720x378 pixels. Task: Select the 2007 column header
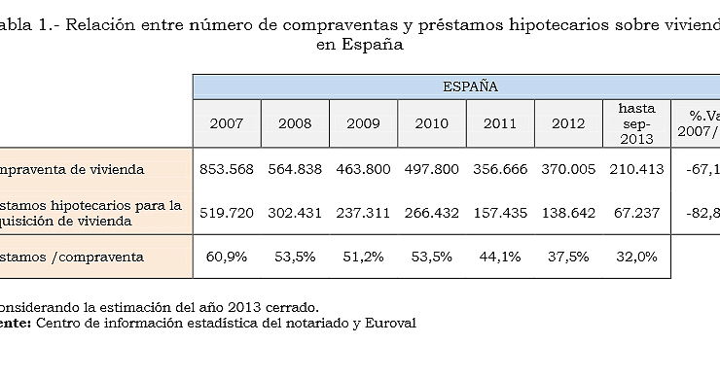tap(227, 123)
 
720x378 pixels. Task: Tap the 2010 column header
tap(431, 123)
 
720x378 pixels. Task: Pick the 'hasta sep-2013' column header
tap(637, 123)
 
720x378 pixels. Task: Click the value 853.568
tap(227, 169)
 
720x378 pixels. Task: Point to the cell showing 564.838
tap(295, 169)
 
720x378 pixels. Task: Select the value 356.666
tap(499, 169)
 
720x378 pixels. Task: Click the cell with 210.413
tap(636, 169)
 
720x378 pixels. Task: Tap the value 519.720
tap(227, 212)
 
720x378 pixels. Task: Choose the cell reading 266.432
tap(431, 212)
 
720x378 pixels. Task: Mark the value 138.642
tap(567, 212)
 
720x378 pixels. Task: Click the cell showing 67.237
tap(636, 212)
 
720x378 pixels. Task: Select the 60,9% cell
tap(227, 257)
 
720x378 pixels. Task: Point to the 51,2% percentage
tap(363, 257)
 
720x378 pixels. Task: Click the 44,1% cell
tap(499, 257)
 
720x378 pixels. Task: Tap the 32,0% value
tap(636, 257)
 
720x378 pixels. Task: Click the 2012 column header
tap(567, 123)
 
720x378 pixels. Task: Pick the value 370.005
tap(567, 169)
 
